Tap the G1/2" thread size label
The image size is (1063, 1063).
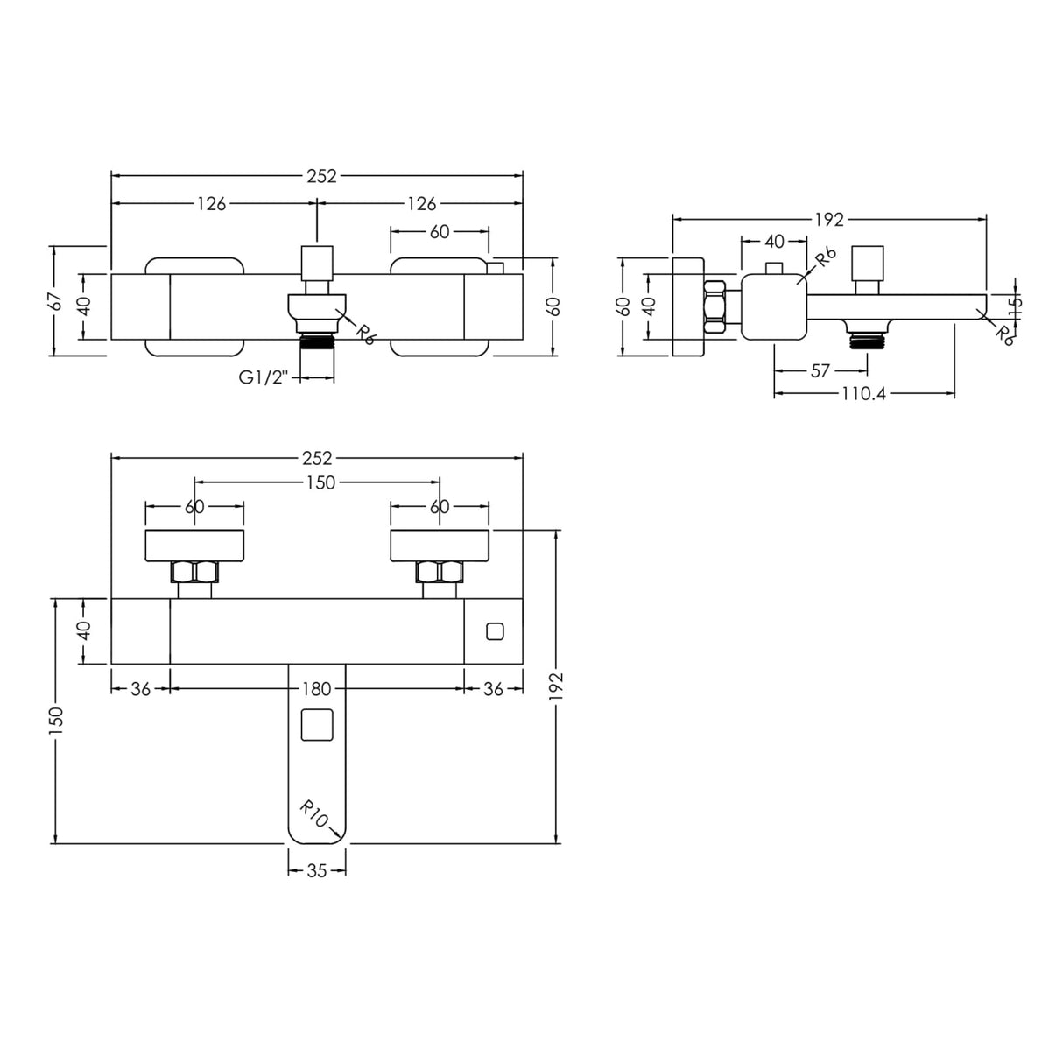point(264,377)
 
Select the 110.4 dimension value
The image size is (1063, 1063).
point(863,394)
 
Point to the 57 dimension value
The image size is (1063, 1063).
point(820,370)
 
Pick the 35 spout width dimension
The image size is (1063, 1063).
point(317,871)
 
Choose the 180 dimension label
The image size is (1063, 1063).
point(317,689)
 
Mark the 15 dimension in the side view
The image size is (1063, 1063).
point(1015,302)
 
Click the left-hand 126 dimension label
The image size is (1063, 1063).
point(212,204)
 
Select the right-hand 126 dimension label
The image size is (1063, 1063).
point(422,204)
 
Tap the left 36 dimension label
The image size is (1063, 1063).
point(141,689)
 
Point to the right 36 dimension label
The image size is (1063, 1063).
point(493,689)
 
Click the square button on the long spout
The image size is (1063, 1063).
point(317,725)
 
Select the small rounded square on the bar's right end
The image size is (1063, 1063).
point(495,631)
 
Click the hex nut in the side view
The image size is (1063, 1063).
point(715,306)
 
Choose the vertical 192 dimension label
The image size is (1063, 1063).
point(556,686)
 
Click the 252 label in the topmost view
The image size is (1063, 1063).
point(321,176)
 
